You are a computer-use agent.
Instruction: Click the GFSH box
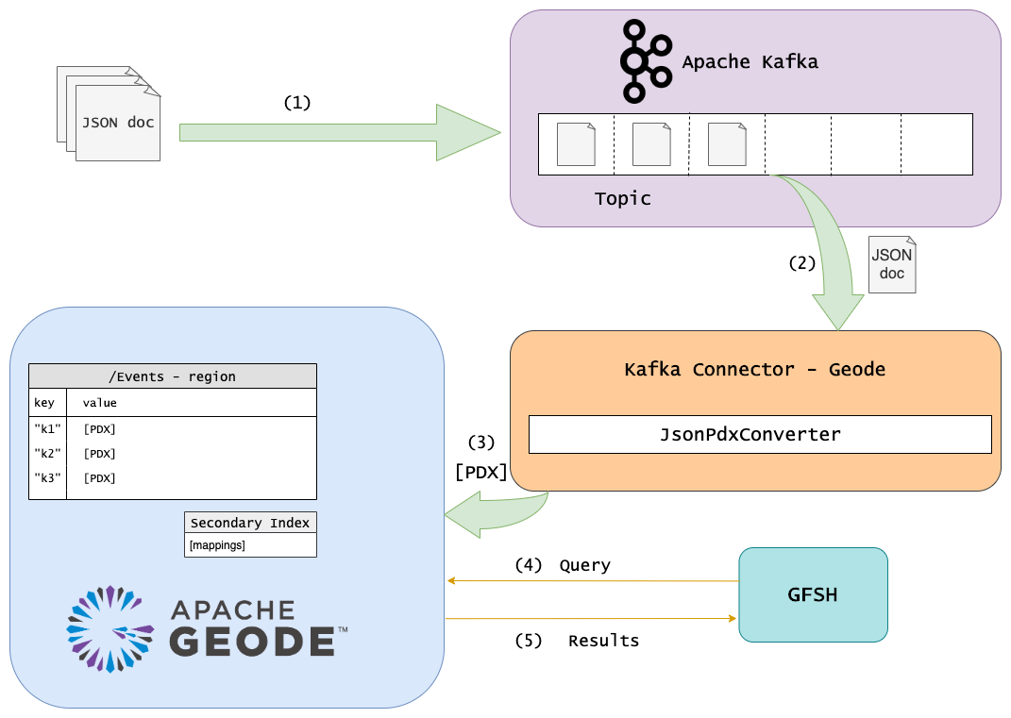(x=813, y=595)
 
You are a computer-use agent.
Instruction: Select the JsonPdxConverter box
(x=759, y=434)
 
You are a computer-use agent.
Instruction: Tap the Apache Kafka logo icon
(x=645, y=61)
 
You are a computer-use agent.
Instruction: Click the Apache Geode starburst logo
(x=110, y=628)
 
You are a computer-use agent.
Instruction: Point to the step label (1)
(x=296, y=102)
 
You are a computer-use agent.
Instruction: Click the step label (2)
(x=801, y=263)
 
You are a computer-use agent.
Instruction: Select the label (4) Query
(x=562, y=565)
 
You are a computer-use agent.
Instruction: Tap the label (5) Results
(x=577, y=641)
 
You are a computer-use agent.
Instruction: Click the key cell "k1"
(x=47, y=429)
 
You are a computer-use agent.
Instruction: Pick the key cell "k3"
(x=47, y=478)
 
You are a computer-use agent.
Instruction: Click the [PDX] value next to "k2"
(x=99, y=454)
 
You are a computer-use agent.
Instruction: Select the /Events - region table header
(x=172, y=376)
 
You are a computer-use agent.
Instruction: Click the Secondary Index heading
(x=249, y=523)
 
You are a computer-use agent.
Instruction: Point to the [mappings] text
(x=217, y=545)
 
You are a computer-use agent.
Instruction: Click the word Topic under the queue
(x=622, y=199)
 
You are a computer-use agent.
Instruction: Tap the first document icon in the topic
(x=576, y=144)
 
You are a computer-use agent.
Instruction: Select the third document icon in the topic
(x=727, y=144)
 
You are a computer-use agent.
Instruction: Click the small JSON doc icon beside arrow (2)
(x=891, y=264)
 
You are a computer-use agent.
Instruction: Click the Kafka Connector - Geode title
(x=754, y=369)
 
